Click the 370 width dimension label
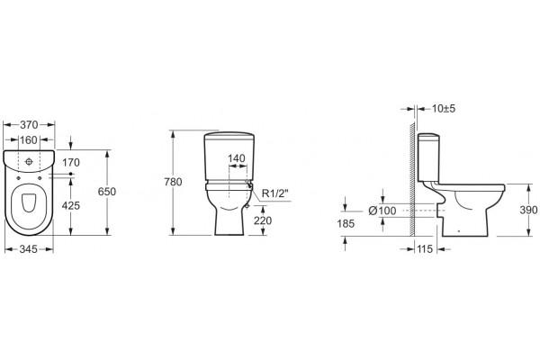[29, 124]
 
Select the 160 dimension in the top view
[29, 139]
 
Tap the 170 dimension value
[71, 162]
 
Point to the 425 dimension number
[71, 206]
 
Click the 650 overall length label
[107, 192]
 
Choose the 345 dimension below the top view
[28, 248]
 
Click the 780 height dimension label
[173, 182]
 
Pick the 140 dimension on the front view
[237, 158]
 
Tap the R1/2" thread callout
[274, 193]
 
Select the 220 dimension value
[263, 220]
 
